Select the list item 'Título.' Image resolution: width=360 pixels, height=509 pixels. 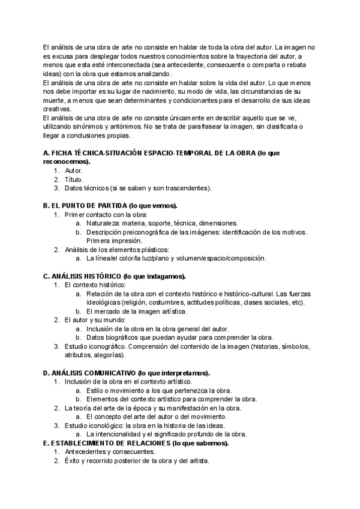click(x=74, y=179)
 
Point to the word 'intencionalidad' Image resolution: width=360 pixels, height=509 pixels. click(x=120, y=434)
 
